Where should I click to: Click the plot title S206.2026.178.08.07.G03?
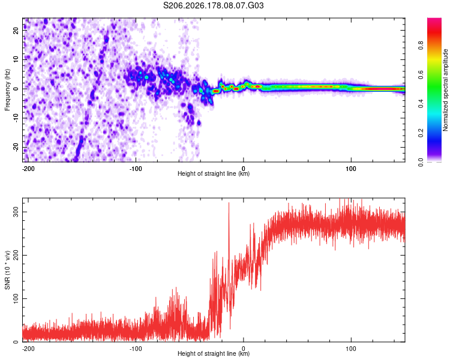pos(213,5)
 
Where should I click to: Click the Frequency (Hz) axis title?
pos(7,90)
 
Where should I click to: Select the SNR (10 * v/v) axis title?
pos(7,270)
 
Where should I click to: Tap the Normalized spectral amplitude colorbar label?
pos(445,90)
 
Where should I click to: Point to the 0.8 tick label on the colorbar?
pos(421,46)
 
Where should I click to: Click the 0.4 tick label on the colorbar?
pos(421,104)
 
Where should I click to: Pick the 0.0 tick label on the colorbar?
pos(421,162)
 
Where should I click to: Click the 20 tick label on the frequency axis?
pos(16,31)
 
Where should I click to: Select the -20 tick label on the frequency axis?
pos(16,148)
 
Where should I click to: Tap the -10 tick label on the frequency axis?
pos(16,118)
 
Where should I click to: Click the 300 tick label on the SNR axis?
pos(16,212)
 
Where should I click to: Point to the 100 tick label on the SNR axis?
pos(16,299)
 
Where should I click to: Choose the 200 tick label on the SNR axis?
pos(16,255)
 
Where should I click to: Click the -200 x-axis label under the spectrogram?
pos(28,169)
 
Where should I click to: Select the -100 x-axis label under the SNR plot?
pos(136,349)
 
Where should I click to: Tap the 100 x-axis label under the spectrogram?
pos(351,169)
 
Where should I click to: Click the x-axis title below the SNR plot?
pos(214,353)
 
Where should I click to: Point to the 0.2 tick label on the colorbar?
pos(421,133)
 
